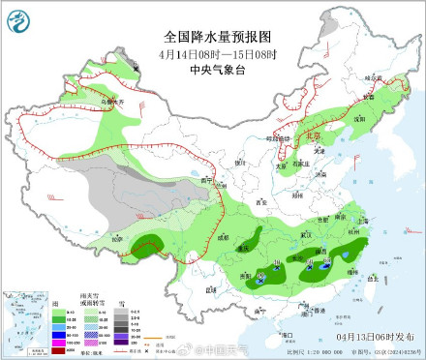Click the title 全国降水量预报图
coord(212,36)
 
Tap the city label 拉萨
coord(117,237)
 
